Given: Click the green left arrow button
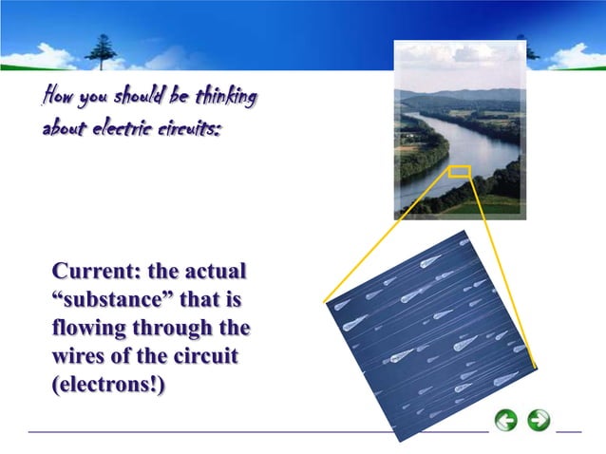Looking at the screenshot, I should click(x=506, y=420).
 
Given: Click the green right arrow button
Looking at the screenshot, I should click(x=539, y=420).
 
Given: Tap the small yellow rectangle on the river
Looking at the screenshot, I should click(x=459, y=172).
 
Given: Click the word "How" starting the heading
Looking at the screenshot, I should click(x=56, y=98).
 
